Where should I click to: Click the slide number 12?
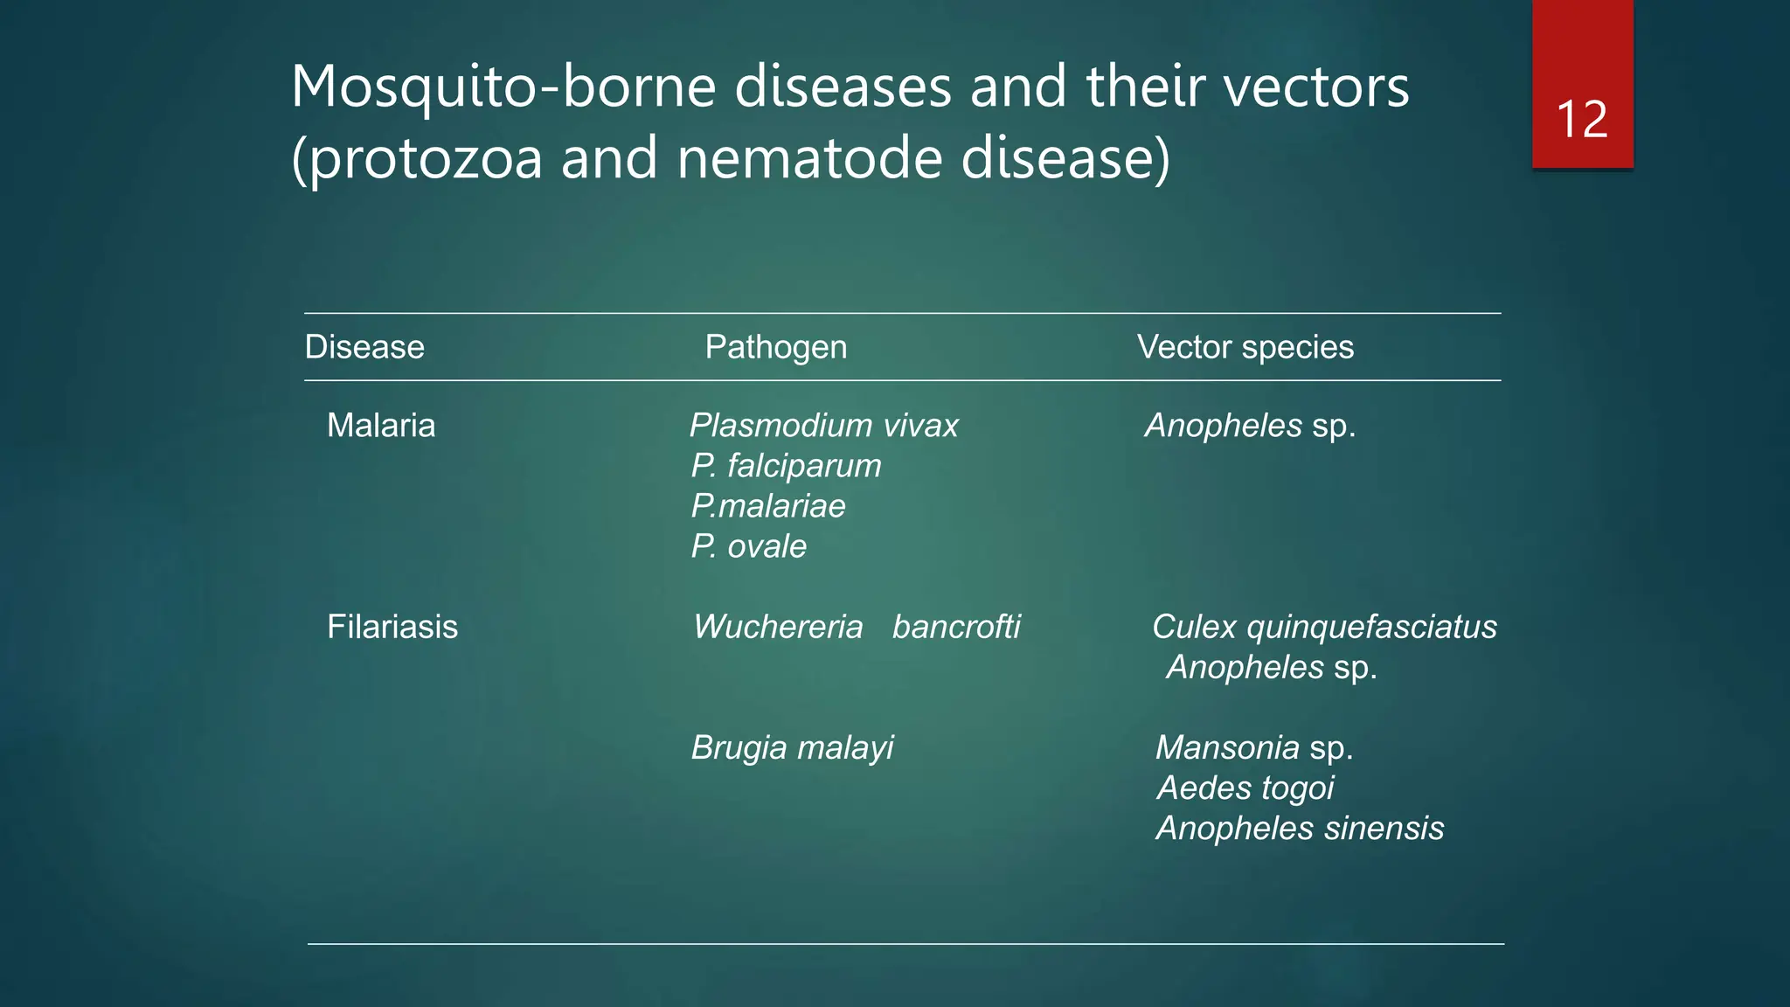coord(1582,120)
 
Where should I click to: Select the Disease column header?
coord(364,347)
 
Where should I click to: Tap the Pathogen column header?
coord(775,347)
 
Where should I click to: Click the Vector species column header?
coord(1245,347)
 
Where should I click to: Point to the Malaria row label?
coord(381,426)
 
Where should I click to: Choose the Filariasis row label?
coord(392,627)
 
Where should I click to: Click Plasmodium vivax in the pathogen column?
coord(823,426)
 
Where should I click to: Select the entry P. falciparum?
coord(786,466)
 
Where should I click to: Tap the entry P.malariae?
coord(768,506)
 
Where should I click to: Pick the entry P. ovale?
coord(748,546)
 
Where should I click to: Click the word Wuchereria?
coord(778,627)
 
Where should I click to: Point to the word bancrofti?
coord(956,627)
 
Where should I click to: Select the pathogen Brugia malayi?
coord(792,747)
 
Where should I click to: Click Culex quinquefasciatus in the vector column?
coord(1324,627)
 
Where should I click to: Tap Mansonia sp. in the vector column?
coord(1254,747)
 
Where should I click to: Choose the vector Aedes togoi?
coord(1245,788)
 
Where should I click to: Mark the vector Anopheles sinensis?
coord(1300,828)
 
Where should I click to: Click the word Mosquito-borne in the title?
coord(503,87)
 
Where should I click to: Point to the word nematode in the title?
coord(809,159)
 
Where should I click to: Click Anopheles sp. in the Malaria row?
coord(1250,426)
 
